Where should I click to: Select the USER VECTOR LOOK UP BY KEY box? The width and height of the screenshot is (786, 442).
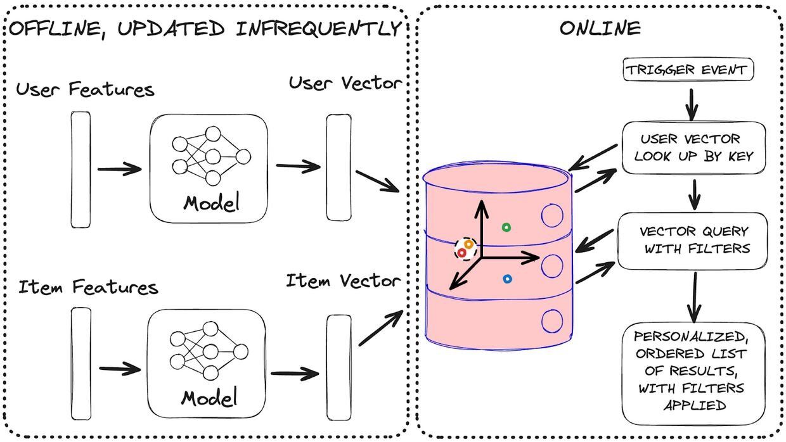(x=693, y=148)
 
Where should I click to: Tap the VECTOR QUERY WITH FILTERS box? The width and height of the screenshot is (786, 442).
(x=693, y=240)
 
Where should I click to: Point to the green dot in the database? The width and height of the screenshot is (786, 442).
(x=506, y=227)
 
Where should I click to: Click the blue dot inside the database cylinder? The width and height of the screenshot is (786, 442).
(x=507, y=279)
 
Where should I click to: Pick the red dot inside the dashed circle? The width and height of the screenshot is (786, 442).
(x=462, y=253)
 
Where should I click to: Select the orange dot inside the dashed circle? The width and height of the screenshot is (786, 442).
(x=468, y=244)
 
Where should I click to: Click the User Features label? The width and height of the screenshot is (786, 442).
(x=85, y=89)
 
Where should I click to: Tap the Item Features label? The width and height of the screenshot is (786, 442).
(x=87, y=287)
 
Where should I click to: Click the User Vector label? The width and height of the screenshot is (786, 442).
(x=345, y=83)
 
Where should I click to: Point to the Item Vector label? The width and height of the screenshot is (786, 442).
(x=343, y=281)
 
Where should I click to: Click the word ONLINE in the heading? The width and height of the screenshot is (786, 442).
(x=599, y=28)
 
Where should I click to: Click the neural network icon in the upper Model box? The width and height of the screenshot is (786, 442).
(x=210, y=156)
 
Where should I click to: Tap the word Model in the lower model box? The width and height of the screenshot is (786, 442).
(x=209, y=398)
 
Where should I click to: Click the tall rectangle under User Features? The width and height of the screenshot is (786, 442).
(x=81, y=170)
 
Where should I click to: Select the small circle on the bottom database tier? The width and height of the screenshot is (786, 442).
(x=552, y=321)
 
